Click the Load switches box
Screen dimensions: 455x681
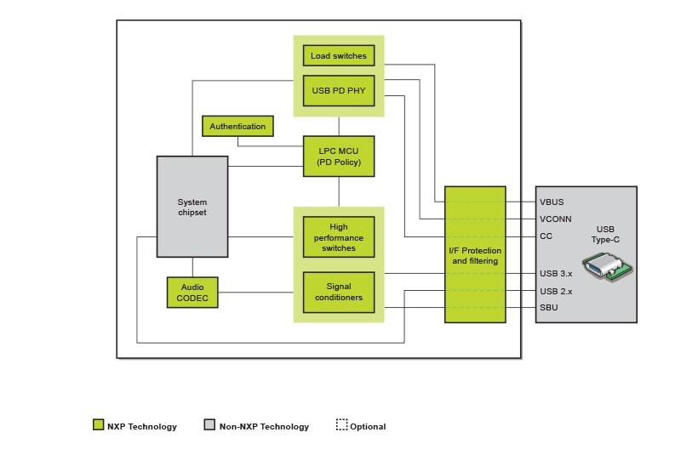click(338, 56)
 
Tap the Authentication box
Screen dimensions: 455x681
click(237, 127)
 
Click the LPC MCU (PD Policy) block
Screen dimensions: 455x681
click(338, 156)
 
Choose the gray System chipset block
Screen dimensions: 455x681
click(192, 207)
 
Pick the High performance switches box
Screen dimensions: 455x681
click(338, 237)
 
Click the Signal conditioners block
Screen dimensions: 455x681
click(338, 292)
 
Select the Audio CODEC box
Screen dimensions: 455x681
click(192, 293)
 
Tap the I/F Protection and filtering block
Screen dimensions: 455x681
click(475, 255)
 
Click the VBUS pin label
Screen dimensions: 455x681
click(552, 202)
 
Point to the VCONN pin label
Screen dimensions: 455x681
click(555, 219)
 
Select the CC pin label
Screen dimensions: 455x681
click(546, 236)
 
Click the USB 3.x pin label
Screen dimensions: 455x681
click(555, 273)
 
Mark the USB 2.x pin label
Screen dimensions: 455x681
click(555, 291)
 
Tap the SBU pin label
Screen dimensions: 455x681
click(548, 308)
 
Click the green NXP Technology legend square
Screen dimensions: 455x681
click(98, 425)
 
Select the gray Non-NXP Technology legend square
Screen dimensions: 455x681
click(209, 425)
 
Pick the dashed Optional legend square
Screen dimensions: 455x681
click(341, 425)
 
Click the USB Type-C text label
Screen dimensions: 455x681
click(605, 235)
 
